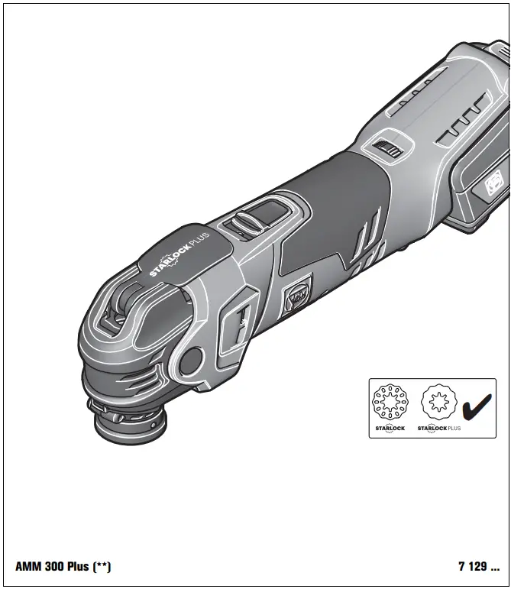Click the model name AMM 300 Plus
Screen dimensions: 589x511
52,567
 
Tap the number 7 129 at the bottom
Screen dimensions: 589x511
478,567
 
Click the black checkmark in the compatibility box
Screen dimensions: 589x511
476,409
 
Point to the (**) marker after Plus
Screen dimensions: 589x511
102,567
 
